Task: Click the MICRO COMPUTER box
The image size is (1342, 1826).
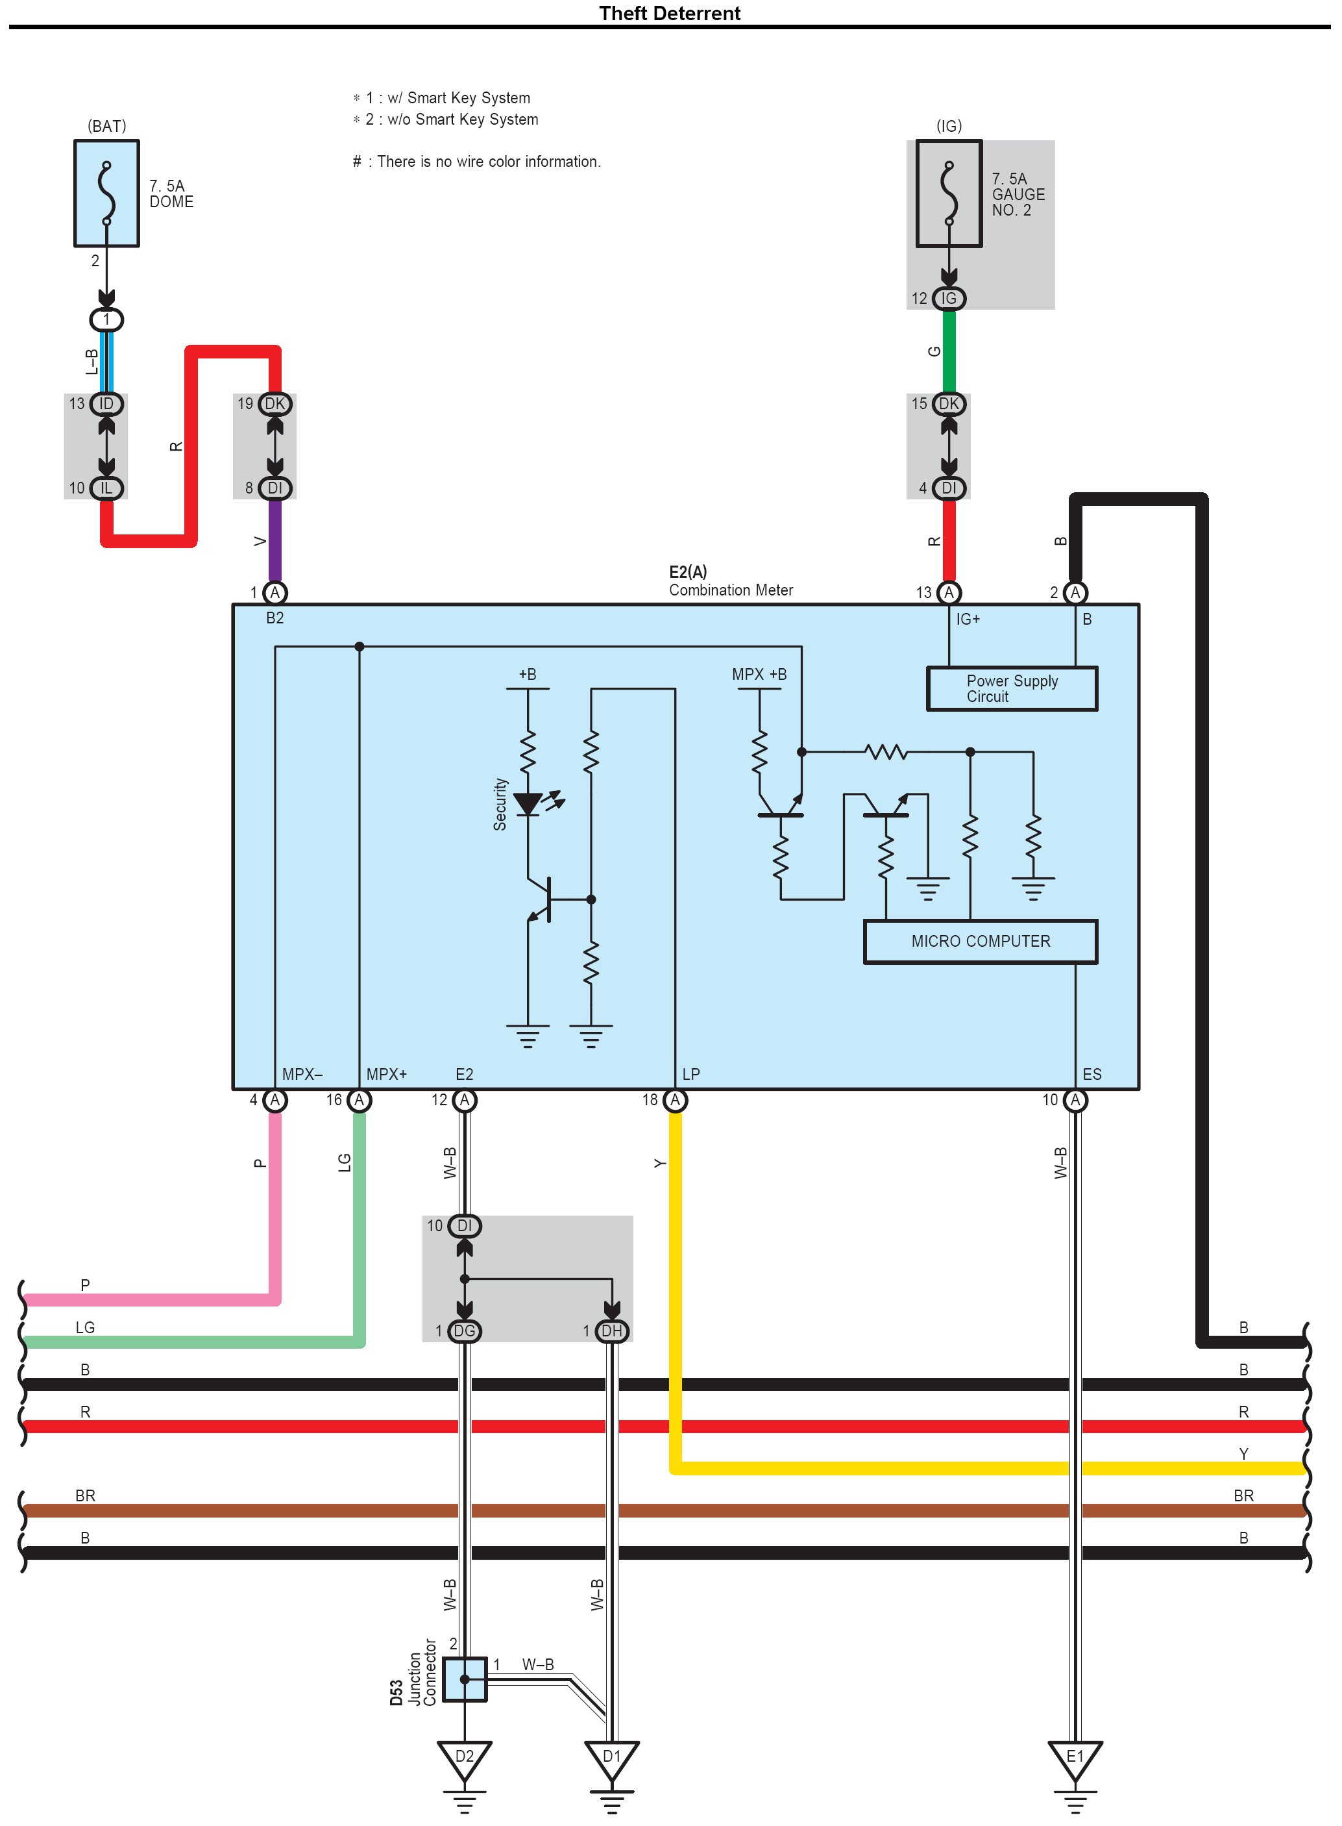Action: coord(980,941)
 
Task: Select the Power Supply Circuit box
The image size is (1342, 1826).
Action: coord(1012,688)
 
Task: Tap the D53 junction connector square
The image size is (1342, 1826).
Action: coord(465,1679)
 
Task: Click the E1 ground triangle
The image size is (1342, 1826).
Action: coord(1074,1757)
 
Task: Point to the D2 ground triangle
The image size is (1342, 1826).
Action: coord(464,1757)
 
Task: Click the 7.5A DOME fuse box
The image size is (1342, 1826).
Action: coord(106,194)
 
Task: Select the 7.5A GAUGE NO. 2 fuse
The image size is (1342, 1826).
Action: coord(948,194)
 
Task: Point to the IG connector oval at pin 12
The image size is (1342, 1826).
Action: coord(948,298)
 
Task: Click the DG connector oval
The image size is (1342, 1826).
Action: coord(464,1331)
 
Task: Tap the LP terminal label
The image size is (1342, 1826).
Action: coord(690,1073)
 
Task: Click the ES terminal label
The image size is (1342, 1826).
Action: coord(1091,1073)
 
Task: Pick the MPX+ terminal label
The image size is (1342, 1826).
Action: coord(386,1073)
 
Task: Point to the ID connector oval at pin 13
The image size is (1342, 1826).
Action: coord(106,404)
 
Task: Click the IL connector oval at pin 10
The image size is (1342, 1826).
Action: coord(106,488)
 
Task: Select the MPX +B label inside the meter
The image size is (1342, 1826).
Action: coord(759,673)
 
